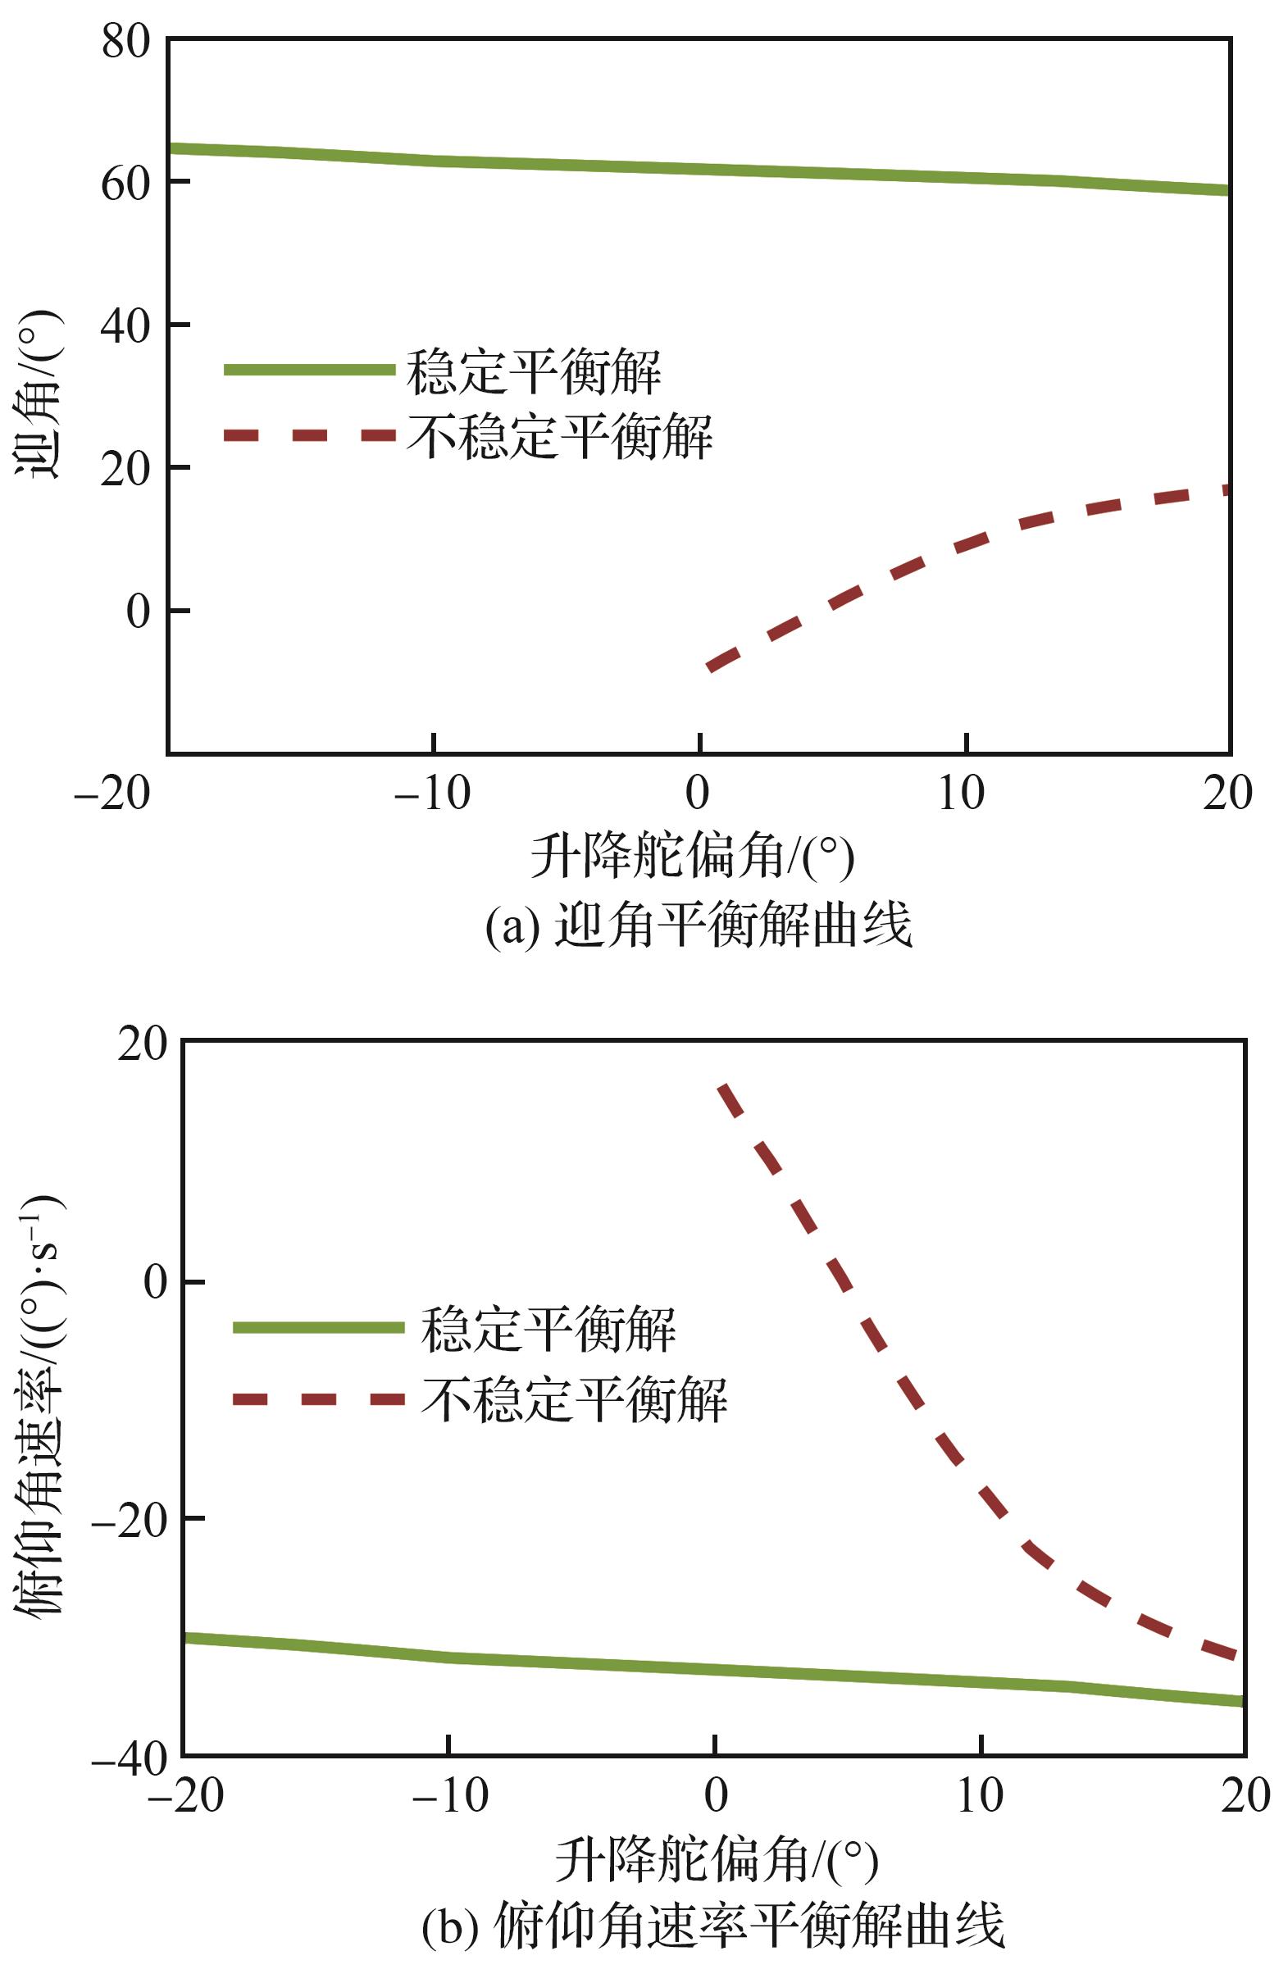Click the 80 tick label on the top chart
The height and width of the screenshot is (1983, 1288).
coord(125,41)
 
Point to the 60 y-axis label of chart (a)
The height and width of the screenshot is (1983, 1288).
coord(125,184)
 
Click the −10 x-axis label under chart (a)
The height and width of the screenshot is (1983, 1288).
coord(432,794)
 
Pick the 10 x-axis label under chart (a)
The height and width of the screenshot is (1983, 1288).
coord(963,794)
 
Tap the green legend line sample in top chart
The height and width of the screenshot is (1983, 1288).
coord(309,369)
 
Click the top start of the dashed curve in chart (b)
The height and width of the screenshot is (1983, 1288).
coord(723,1085)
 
